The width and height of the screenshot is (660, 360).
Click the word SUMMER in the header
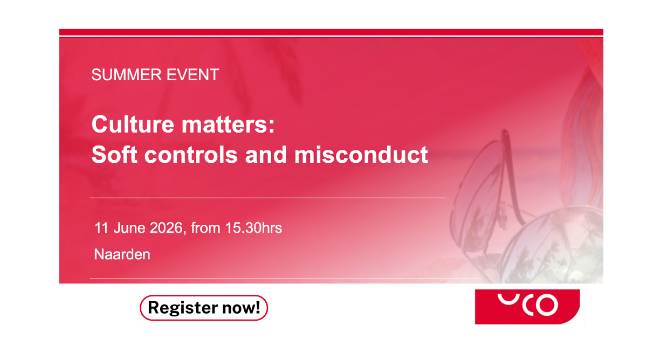(x=127, y=74)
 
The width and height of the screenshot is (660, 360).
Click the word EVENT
(x=192, y=74)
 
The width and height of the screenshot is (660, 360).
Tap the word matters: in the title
(x=228, y=124)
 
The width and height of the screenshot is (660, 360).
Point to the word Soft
(x=114, y=154)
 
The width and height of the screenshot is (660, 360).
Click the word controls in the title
(x=191, y=154)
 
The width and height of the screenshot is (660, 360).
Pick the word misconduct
(x=361, y=154)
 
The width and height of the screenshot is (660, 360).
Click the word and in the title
(x=266, y=154)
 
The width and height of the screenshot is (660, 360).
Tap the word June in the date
(x=129, y=228)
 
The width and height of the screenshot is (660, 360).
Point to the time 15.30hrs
(x=253, y=228)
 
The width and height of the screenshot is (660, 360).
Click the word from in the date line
(x=205, y=228)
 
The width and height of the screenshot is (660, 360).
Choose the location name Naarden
(x=122, y=254)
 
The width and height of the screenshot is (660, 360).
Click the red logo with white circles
(x=527, y=307)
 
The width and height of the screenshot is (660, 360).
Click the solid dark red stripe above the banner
(x=331, y=32)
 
